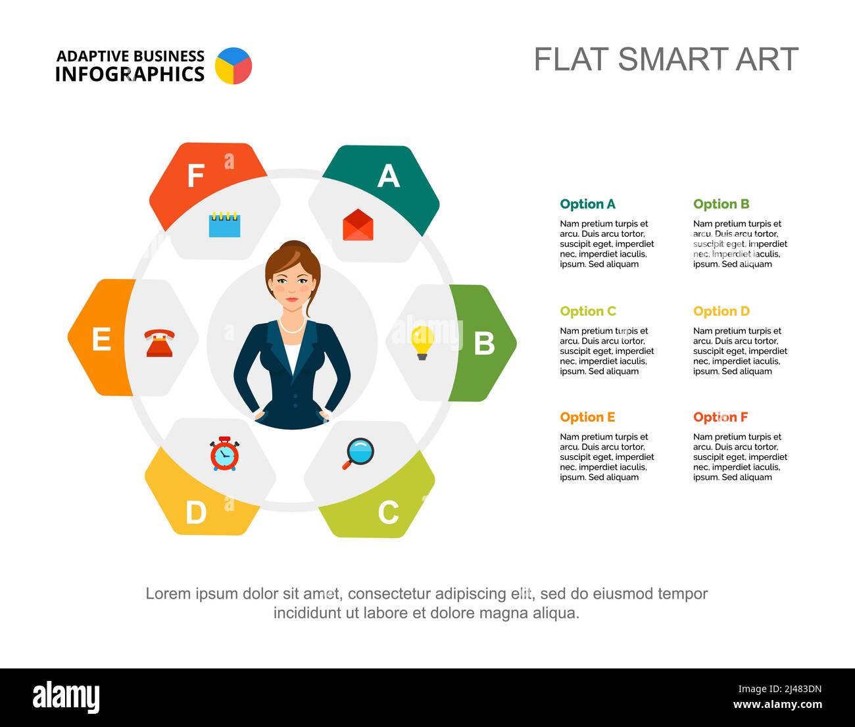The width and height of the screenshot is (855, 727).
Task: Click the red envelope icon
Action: click(x=358, y=225)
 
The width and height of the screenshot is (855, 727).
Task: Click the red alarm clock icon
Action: click(x=224, y=453)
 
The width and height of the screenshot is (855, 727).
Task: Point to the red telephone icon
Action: click(x=159, y=343)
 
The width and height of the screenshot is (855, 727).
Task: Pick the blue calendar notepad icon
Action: click(x=224, y=224)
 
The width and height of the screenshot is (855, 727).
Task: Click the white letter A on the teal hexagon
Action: click(x=388, y=176)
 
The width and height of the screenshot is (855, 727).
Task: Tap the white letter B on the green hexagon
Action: click(x=484, y=343)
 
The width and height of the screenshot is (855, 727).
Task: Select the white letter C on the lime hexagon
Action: click(x=388, y=513)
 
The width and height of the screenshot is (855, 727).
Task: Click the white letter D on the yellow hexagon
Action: click(x=195, y=513)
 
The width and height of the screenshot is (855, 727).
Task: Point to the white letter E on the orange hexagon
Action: click(x=101, y=339)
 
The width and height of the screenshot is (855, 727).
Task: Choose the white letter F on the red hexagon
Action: click(x=195, y=176)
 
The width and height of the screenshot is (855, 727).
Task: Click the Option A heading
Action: click(x=587, y=204)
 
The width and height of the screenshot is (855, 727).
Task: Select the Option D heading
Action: click(x=721, y=311)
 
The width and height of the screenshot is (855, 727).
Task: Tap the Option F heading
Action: click(x=720, y=417)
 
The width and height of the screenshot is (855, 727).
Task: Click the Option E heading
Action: click(x=587, y=417)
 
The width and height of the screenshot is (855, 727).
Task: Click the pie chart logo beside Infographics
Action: click(x=233, y=66)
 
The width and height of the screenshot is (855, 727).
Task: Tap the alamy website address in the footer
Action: click(x=777, y=705)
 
